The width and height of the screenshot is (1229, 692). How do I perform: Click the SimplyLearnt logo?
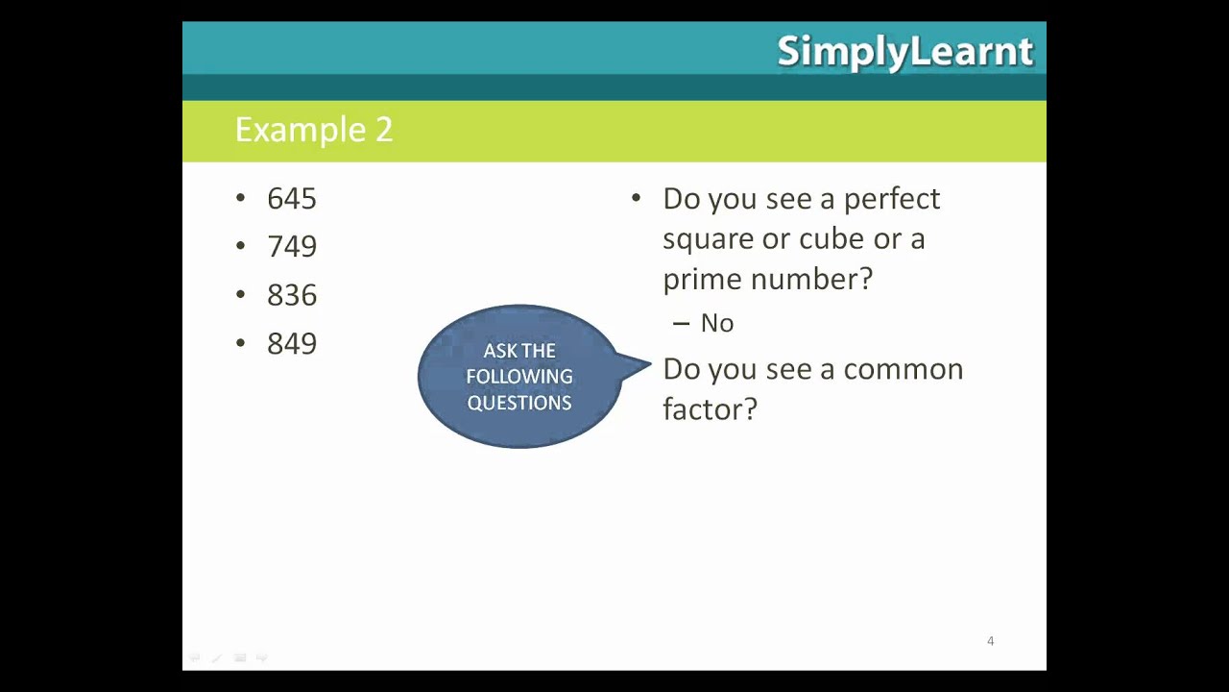[x=904, y=52]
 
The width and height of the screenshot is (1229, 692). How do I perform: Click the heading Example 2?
[x=314, y=130]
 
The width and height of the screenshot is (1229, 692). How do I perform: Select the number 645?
[x=292, y=199]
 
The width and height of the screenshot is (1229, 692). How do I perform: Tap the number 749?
[x=292, y=247]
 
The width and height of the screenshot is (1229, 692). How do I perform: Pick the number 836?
[x=292, y=295]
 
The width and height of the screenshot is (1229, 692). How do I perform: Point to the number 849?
[x=292, y=344]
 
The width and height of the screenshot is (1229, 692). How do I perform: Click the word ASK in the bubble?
[x=499, y=351]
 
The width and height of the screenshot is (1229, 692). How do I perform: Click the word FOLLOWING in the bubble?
[x=519, y=377]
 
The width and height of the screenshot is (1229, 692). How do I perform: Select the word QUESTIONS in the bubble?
[x=519, y=403]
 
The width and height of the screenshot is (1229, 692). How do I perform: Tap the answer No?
[x=717, y=324]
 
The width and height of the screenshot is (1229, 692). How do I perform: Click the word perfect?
[x=892, y=199]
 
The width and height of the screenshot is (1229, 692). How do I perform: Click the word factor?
[x=710, y=409]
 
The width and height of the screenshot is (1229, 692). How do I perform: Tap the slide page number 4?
[x=990, y=641]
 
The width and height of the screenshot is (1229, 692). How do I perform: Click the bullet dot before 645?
[x=240, y=198]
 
